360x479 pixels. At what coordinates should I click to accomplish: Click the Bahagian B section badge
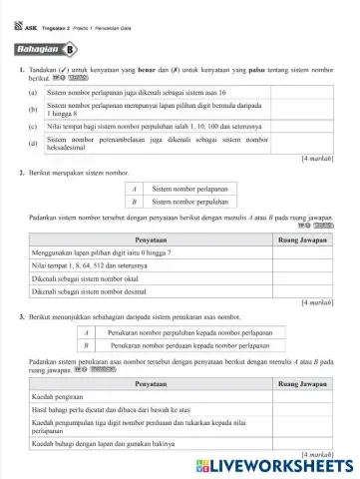point(47,49)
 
